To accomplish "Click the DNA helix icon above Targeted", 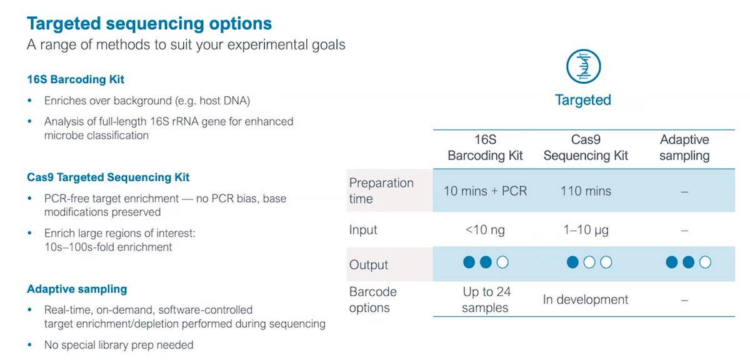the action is (x=583, y=66).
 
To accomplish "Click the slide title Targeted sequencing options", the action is (x=149, y=24).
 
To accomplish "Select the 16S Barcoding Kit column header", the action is (x=485, y=147).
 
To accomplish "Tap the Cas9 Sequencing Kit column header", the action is (x=586, y=147).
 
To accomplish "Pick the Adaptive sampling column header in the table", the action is (x=684, y=147).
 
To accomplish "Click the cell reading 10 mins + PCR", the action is (x=485, y=191).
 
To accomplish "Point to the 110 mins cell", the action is (x=586, y=191).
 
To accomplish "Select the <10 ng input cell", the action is (x=485, y=230).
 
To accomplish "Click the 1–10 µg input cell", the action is (x=586, y=230).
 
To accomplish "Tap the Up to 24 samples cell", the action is (x=486, y=299).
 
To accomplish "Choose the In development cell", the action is (x=585, y=299).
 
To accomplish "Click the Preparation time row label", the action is (x=381, y=191).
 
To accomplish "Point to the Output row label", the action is (x=368, y=264).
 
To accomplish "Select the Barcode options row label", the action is (x=372, y=299).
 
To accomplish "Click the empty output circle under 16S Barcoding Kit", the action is (x=502, y=262).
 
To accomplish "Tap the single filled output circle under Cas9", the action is (x=572, y=262).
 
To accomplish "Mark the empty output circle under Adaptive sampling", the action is (x=705, y=262).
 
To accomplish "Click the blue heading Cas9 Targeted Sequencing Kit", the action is (x=108, y=177).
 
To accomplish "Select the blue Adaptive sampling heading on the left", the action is (x=77, y=289).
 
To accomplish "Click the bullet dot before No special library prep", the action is (x=30, y=344).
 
